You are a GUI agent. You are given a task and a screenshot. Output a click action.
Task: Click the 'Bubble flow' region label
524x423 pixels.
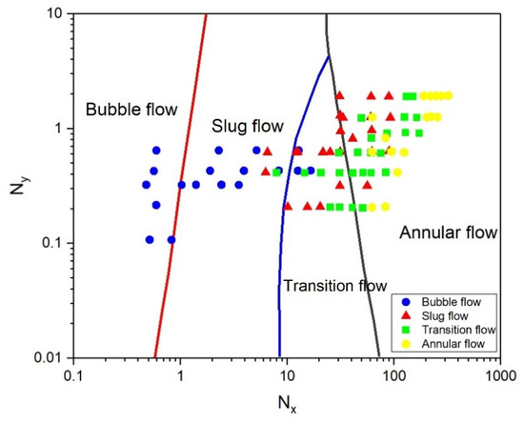tap(131, 110)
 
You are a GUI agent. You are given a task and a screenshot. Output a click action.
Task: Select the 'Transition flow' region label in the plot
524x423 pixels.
tap(334, 286)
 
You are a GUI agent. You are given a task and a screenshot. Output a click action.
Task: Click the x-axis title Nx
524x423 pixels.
tap(286, 403)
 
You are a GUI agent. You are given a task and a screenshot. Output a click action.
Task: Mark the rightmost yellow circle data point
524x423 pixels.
tap(448, 95)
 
